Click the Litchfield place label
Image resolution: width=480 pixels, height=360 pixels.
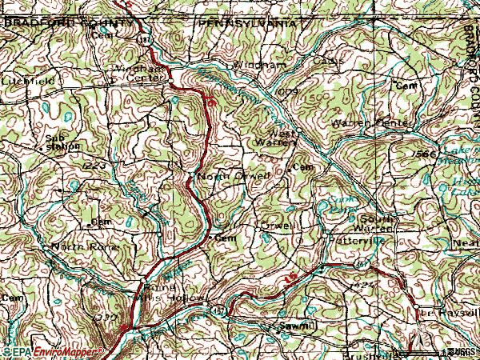pos(28,81)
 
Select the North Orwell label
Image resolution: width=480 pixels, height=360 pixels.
pos(227,176)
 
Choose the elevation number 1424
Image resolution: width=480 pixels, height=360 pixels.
pos(363,285)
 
